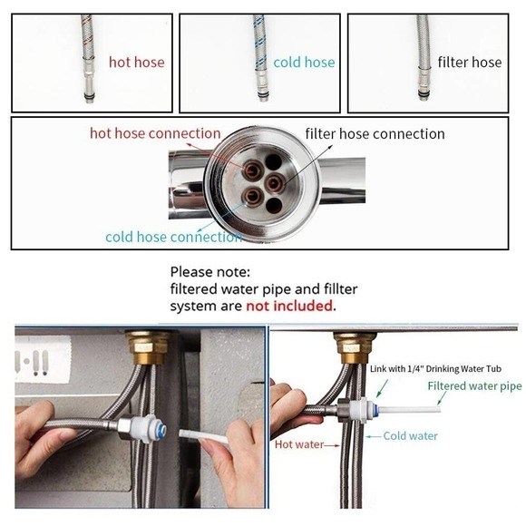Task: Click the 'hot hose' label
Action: (137, 63)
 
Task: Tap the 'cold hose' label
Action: (304, 63)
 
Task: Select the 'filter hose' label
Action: (469, 63)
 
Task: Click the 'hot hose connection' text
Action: (154, 133)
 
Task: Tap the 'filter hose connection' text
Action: (375, 133)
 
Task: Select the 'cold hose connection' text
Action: (172, 237)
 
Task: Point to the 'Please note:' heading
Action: (209, 271)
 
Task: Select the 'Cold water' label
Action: (410, 435)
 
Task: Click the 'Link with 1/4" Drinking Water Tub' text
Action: (434, 368)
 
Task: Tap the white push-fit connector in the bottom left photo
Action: (143, 425)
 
